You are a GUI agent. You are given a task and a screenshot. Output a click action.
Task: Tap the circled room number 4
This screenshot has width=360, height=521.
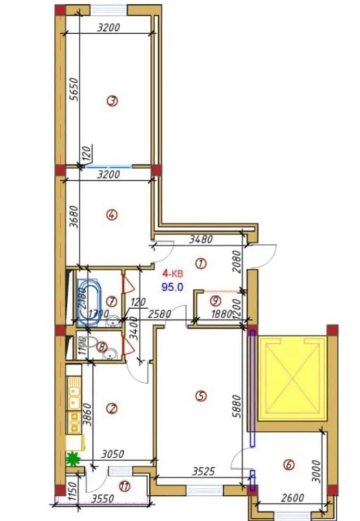112,215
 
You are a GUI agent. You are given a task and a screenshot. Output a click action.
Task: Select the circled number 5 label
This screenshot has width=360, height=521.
200,395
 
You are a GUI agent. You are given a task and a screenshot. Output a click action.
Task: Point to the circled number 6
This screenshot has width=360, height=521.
289,465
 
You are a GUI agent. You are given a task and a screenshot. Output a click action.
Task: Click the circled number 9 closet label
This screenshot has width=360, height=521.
215,301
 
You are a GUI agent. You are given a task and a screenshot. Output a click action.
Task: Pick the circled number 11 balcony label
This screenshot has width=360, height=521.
124,486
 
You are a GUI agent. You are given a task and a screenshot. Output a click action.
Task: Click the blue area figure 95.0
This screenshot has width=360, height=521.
172,287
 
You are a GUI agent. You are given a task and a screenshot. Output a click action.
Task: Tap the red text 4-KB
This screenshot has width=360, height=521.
173,273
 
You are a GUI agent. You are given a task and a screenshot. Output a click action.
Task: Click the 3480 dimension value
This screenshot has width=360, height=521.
201,240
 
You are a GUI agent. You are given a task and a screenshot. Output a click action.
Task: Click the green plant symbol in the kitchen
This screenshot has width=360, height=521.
73,460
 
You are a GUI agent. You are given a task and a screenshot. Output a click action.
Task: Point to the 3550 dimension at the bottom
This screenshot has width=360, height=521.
103,499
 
